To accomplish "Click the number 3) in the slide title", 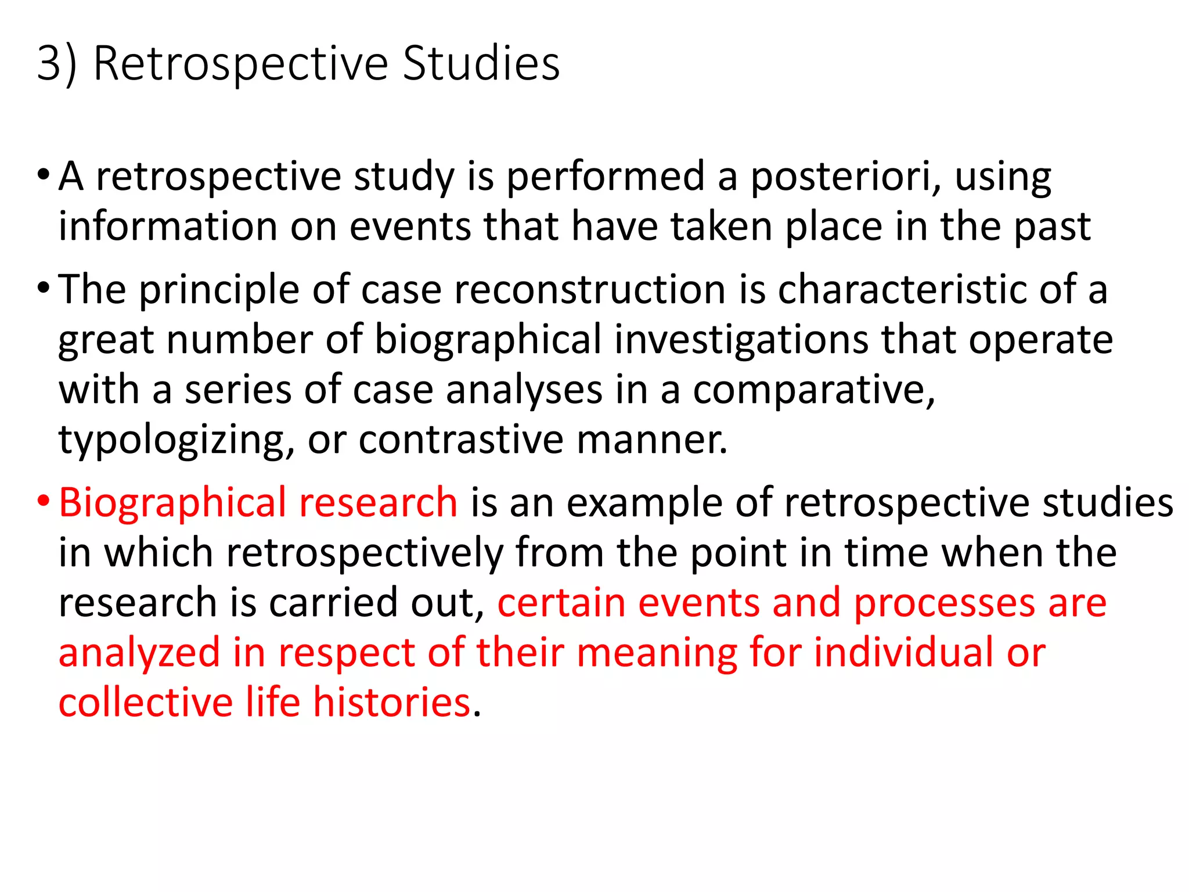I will pos(56,63).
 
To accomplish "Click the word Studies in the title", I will pos(481,63).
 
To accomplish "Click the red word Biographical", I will pos(172,503).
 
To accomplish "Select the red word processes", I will pos(944,603).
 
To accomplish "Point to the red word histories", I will pos(392,703).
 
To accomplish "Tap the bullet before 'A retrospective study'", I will pos(44,174).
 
